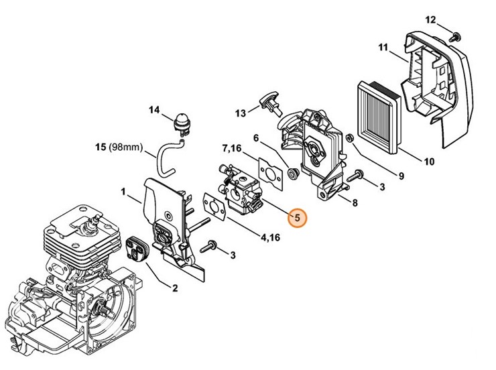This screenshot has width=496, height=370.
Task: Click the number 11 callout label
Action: (383, 47)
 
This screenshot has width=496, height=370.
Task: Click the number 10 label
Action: (429, 161)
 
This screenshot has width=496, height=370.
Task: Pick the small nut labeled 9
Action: (349, 138)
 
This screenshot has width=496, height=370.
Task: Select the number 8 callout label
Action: (354, 202)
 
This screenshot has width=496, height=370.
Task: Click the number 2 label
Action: (175, 289)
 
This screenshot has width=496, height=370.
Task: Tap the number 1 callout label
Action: (123, 192)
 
